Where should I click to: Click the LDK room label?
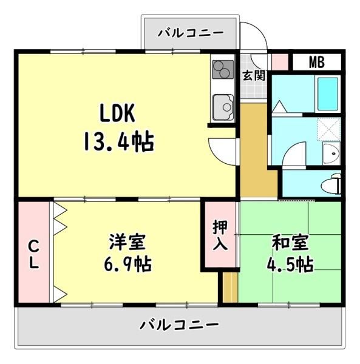117,113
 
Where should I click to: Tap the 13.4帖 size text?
118,141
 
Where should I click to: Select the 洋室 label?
127,242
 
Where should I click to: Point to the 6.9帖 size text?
127,264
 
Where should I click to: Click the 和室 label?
290,243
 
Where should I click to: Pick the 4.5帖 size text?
290,265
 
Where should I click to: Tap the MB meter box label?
317,62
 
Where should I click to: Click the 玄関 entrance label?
254,75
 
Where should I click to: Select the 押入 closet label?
220,235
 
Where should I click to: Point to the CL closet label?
34,255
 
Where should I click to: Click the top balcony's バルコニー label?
191,33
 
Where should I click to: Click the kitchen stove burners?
223,69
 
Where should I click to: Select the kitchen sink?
223,107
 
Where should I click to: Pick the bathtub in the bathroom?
328,94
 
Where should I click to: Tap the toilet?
331,184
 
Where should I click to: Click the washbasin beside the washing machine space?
331,153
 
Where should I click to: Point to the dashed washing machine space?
329,129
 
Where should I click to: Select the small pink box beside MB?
280,62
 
